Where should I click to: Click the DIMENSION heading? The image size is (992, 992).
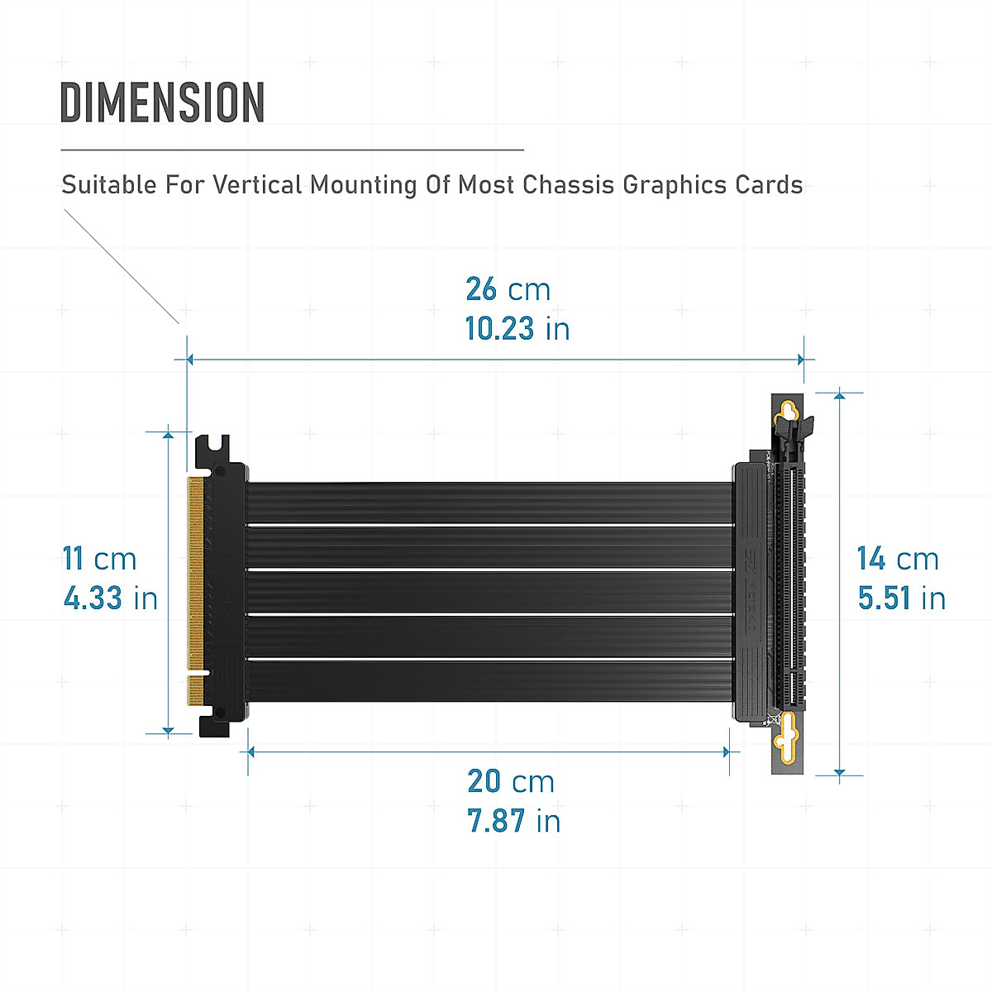pos(162,103)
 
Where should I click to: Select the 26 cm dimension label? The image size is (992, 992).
pos(508,289)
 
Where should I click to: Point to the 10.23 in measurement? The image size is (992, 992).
pos(517,329)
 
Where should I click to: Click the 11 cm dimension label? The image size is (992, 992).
pos(99,559)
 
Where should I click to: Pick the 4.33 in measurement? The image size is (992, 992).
pos(110,598)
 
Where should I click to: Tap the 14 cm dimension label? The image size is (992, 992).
pos(898,559)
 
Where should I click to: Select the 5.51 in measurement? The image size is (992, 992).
pos(901,598)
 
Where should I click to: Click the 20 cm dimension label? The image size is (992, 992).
pos(510,781)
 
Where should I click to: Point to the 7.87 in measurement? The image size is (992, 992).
pos(513,821)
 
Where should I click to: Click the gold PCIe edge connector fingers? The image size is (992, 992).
pos(196,579)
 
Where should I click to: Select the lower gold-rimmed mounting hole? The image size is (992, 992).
pos(789,731)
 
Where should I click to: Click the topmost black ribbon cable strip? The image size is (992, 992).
pos(489,503)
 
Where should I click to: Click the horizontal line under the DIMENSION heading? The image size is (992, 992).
pos(292,150)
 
